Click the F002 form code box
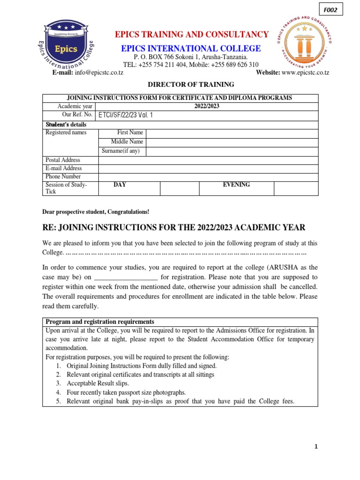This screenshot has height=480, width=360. [x=331, y=9]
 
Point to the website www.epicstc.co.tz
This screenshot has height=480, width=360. [x=306, y=73]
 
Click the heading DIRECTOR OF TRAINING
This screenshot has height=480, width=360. [x=184, y=85]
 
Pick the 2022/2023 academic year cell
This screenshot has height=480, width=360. [x=206, y=106]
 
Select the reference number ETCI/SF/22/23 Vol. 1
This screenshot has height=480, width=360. [x=125, y=115]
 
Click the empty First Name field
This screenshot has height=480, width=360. [x=232, y=133]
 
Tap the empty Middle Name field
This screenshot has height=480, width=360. [x=232, y=142]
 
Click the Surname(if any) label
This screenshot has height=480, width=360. [x=122, y=151]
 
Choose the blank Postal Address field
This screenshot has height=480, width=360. [x=208, y=160]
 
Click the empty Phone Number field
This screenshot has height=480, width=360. [x=208, y=177]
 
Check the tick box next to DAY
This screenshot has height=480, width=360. [x=180, y=188]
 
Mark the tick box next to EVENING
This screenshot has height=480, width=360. [x=296, y=188]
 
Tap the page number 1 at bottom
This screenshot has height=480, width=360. [x=316, y=447]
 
